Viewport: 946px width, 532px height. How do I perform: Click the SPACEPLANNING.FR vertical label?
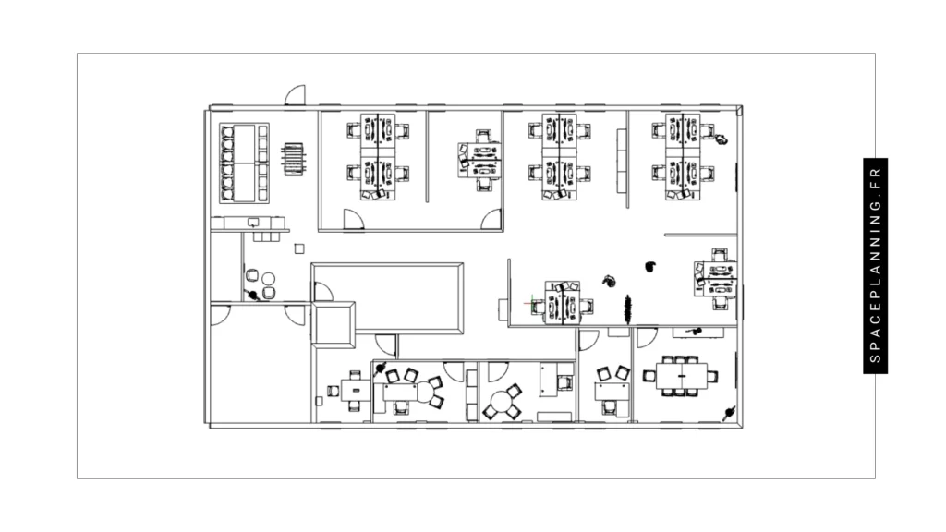click(876, 266)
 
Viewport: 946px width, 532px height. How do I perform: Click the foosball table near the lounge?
click(293, 158)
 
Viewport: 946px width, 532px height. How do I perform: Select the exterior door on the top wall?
click(295, 97)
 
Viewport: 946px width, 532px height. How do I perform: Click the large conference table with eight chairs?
click(681, 376)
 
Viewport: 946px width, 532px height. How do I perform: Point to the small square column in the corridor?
click(298, 248)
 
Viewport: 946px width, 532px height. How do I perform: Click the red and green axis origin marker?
click(529, 302)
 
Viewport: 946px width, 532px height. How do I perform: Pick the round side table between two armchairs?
click(268, 278)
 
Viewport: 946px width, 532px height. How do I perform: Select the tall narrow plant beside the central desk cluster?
click(628, 308)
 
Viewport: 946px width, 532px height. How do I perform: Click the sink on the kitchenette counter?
click(254, 222)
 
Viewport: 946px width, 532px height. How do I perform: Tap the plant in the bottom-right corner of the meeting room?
click(730, 411)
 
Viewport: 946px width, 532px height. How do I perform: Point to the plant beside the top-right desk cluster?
click(719, 140)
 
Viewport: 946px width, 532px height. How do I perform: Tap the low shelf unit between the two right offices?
click(621, 145)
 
